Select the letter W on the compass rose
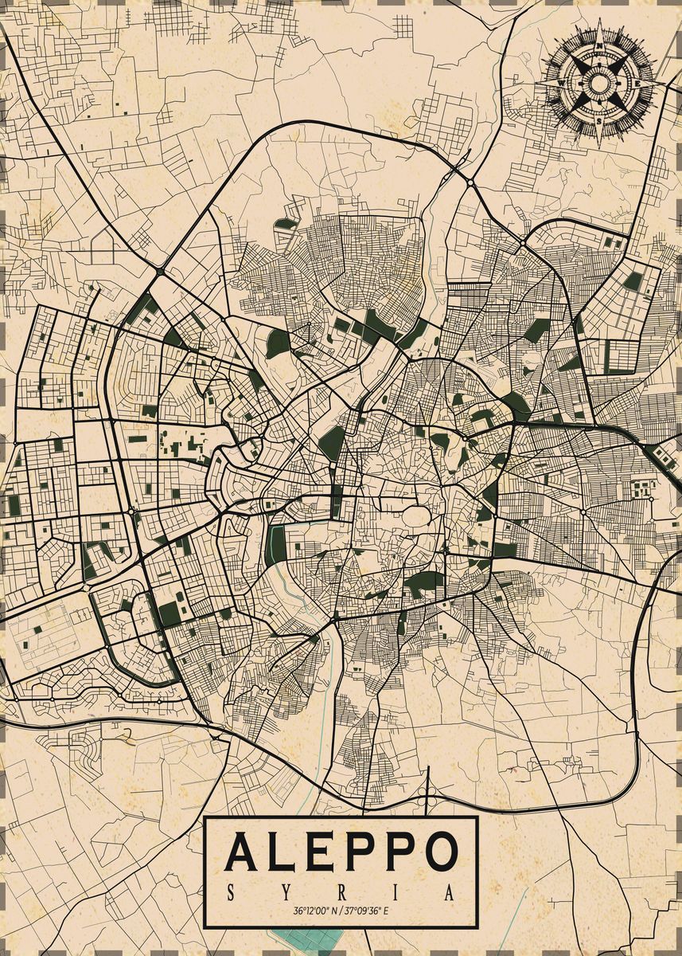pyautogui.click(x=563, y=82)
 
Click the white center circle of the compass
pyautogui.click(x=598, y=82)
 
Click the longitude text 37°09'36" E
pyautogui.click(x=366, y=911)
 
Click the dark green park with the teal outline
pyautogui.click(x=277, y=545)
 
